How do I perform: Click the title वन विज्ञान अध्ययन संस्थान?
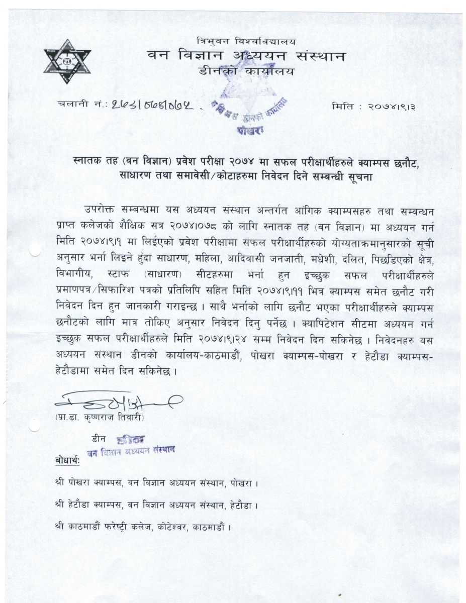point(246,55)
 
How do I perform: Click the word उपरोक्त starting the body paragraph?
point(100,209)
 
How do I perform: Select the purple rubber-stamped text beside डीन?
point(133,445)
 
